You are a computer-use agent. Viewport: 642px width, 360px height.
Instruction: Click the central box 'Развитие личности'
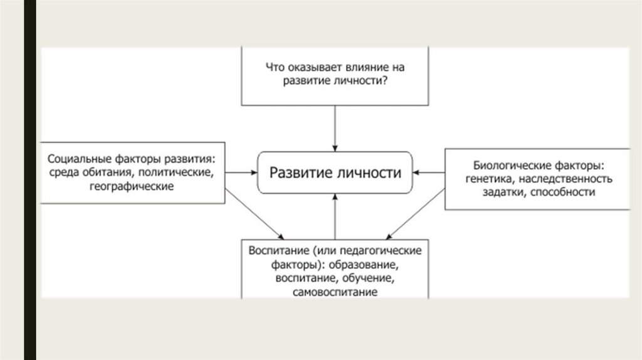(335, 172)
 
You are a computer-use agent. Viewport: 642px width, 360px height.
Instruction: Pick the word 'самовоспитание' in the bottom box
(335, 292)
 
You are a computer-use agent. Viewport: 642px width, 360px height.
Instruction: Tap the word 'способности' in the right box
(562, 193)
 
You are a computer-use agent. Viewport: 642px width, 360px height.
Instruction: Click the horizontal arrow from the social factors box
(241, 172)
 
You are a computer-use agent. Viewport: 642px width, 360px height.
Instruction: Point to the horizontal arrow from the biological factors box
(429, 172)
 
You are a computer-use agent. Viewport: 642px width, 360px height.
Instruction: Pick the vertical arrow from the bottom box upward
(335, 216)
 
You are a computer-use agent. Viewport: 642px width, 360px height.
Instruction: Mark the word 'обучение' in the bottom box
(372, 278)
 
